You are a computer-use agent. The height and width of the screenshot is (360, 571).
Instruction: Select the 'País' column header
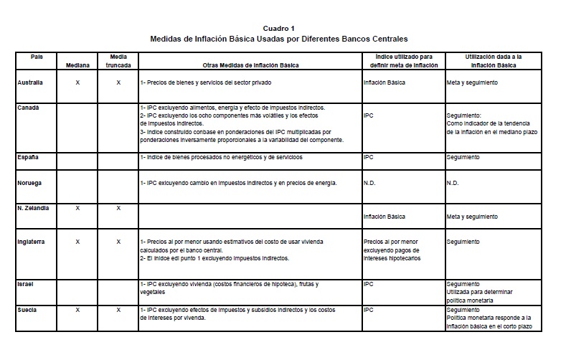click(37, 56)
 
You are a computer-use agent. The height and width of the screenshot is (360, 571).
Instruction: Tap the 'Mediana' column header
click(77, 65)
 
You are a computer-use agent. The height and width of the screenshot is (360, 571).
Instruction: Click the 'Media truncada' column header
click(118, 60)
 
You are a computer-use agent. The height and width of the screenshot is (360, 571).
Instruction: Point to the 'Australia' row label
click(30, 82)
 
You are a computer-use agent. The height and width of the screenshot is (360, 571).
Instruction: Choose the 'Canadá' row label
click(29, 107)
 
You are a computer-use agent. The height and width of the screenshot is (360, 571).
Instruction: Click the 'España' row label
click(28, 156)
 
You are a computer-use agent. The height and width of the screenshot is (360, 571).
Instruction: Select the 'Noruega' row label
click(29, 182)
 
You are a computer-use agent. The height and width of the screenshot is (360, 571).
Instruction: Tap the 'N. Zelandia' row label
click(34, 207)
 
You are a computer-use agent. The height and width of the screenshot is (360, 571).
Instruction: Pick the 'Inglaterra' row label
click(32, 242)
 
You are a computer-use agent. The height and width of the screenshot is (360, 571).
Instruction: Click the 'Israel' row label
click(26, 284)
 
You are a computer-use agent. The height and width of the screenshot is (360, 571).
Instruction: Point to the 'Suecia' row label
click(27, 309)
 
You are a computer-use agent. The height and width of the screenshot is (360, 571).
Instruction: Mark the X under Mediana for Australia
click(77, 82)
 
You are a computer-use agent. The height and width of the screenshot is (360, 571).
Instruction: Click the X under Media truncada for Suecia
click(118, 309)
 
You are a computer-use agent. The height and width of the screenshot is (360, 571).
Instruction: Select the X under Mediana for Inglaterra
click(77, 242)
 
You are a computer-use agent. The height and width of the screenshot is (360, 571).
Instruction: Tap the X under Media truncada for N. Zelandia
click(118, 207)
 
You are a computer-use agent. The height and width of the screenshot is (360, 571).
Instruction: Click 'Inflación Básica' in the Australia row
click(384, 82)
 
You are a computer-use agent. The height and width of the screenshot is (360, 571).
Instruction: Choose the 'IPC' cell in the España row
click(369, 156)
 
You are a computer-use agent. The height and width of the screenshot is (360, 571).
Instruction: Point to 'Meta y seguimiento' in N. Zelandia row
click(471, 217)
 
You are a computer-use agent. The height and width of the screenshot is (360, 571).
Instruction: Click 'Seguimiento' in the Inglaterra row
click(463, 242)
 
